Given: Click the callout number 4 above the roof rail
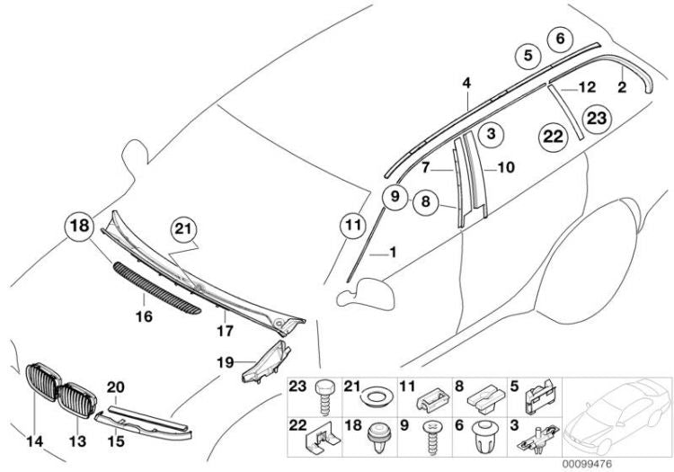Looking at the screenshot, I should [466, 83].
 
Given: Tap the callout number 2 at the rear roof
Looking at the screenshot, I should [621, 87].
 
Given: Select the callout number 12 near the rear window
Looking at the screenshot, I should [587, 88].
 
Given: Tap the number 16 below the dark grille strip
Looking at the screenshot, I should [143, 316].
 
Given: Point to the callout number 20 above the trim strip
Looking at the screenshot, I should [113, 387].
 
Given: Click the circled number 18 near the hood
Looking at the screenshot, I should [79, 227].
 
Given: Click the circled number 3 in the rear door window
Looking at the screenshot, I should [491, 135].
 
